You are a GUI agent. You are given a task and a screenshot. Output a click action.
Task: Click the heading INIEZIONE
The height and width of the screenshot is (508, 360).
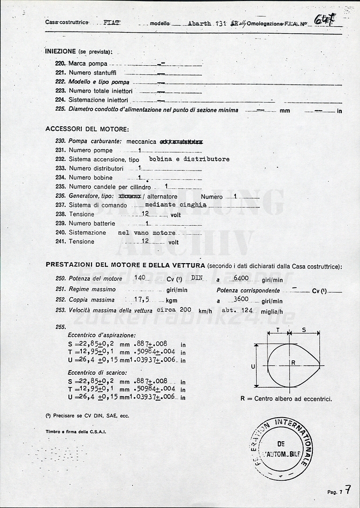(x=60, y=51)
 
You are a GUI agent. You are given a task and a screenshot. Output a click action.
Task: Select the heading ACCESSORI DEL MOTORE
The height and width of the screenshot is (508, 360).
(x=87, y=129)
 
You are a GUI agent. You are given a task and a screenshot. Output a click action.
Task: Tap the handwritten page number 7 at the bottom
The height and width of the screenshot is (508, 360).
(x=348, y=489)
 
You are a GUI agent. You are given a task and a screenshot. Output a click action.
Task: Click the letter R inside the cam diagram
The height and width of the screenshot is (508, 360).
(x=293, y=363)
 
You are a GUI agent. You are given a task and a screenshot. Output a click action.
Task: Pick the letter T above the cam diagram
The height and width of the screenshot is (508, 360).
(x=278, y=330)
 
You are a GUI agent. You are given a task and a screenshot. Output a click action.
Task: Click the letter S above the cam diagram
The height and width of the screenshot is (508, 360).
(x=304, y=330)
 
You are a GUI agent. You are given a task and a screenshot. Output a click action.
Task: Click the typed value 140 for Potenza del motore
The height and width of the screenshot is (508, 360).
(x=141, y=278)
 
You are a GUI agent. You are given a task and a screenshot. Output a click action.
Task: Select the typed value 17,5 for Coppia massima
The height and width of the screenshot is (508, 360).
(x=141, y=300)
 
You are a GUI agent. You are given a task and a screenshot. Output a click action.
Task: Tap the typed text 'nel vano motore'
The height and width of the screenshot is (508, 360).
(x=147, y=233)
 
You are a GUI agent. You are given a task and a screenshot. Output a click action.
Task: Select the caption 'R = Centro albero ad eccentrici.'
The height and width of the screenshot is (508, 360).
(x=286, y=399)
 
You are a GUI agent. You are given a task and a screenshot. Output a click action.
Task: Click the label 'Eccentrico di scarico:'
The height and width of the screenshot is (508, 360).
(x=97, y=372)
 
